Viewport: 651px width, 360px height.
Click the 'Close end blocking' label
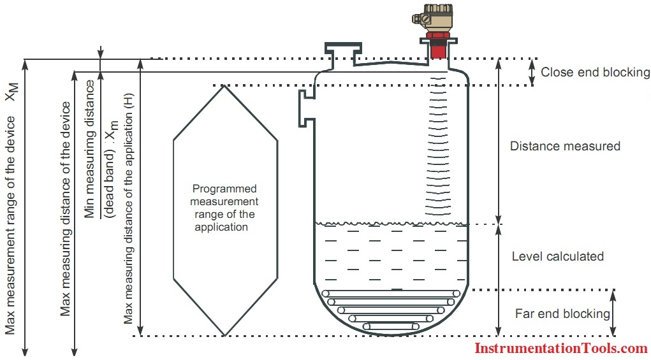pyautogui.click(x=595, y=72)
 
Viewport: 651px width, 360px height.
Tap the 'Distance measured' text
pyautogui.click(x=565, y=146)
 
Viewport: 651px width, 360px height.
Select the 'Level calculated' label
pyautogui.click(x=557, y=256)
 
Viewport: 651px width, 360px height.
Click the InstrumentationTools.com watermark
pyautogui.click(x=561, y=348)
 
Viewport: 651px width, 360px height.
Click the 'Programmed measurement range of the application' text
pyautogui.click(x=224, y=208)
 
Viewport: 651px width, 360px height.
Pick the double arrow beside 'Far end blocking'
pyautogui.click(x=613, y=313)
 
